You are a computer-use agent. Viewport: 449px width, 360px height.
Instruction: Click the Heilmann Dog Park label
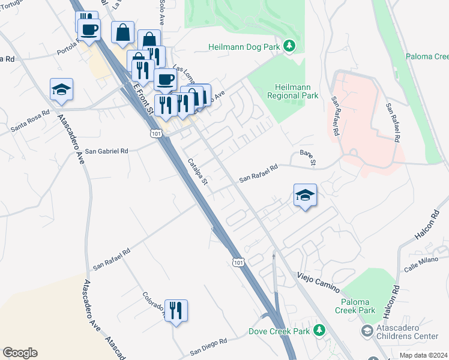(x=246, y=47)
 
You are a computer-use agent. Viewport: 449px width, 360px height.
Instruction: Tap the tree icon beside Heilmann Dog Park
(x=289, y=46)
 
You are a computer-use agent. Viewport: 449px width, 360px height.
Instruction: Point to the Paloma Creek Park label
(x=358, y=305)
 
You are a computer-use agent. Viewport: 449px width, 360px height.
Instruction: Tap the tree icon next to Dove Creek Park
(x=320, y=331)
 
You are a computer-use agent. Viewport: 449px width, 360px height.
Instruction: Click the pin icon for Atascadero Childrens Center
(x=366, y=331)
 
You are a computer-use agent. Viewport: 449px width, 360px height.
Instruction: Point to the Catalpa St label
(x=197, y=172)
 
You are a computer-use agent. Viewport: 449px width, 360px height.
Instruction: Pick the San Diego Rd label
(x=209, y=346)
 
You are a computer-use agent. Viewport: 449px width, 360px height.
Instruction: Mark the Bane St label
(x=308, y=158)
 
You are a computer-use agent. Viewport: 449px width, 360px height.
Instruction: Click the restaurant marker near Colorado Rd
(x=176, y=311)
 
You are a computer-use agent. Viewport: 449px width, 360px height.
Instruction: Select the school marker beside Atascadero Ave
(x=62, y=90)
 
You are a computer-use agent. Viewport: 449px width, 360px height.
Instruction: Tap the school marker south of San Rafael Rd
(x=305, y=195)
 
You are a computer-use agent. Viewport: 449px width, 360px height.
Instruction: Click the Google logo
(x=20, y=353)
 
